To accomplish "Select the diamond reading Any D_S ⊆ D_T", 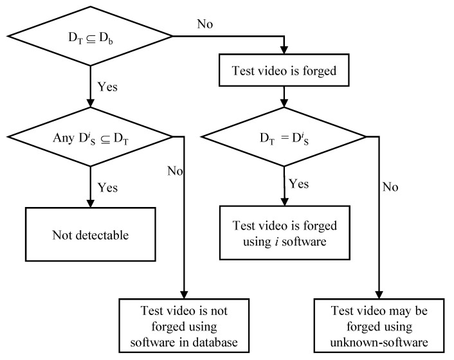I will (x=90, y=136).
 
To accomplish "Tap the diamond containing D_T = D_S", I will (x=284, y=136).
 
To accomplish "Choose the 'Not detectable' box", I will (x=91, y=235).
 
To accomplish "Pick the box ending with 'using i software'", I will (x=284, y=234).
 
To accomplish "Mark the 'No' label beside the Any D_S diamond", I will (x=174, y=172).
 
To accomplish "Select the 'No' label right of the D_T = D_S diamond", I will (x=390, y=188).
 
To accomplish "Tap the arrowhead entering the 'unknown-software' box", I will (x=378, y=293).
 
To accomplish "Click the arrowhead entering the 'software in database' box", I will (x=185, y=293).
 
